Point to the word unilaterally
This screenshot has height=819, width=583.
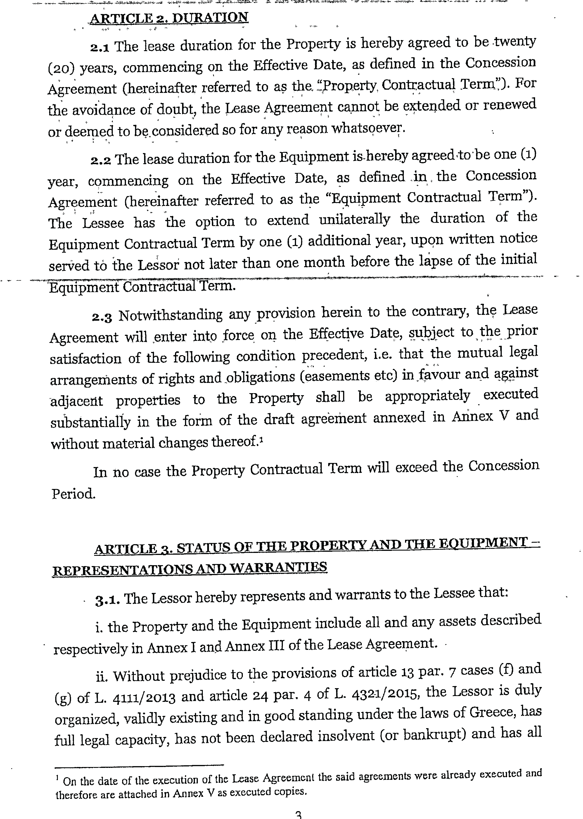point(354,220)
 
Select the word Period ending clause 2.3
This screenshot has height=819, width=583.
point(73,494)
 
